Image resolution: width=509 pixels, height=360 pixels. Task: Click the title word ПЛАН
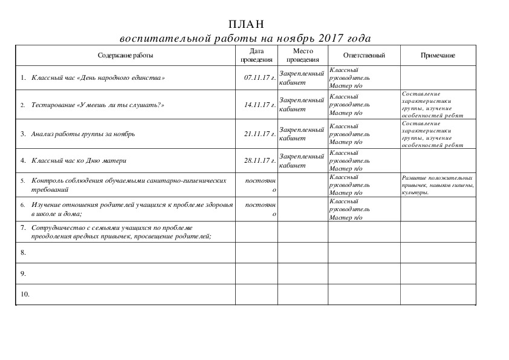pyautogui.click(x=247, y=24)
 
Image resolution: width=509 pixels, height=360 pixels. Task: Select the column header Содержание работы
pyautogui.click(x=125, y=56)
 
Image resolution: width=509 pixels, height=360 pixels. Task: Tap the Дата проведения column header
pyautogui.click(x=256, y=56)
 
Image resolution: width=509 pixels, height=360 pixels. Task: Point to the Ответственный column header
pyautogui.click(x=364, y=56)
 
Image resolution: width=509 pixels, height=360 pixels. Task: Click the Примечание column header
pyautogui.click(x=438, y=56)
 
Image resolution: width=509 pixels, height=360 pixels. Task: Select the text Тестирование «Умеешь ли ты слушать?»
pyautogui.click(x=98, y=105)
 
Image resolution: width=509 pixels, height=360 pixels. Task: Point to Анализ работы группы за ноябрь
pyautogui.click(x=83, y=134)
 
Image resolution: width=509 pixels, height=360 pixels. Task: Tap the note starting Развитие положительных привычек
pyautogui.click(x=437, y=185)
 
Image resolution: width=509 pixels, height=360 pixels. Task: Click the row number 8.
pyautogui.click(x=23, y=252)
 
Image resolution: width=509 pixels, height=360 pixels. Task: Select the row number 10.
pyautogui.click(x=25, y=295)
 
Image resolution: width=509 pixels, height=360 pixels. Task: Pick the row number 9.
pyautogui.click(x=23, y=273)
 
